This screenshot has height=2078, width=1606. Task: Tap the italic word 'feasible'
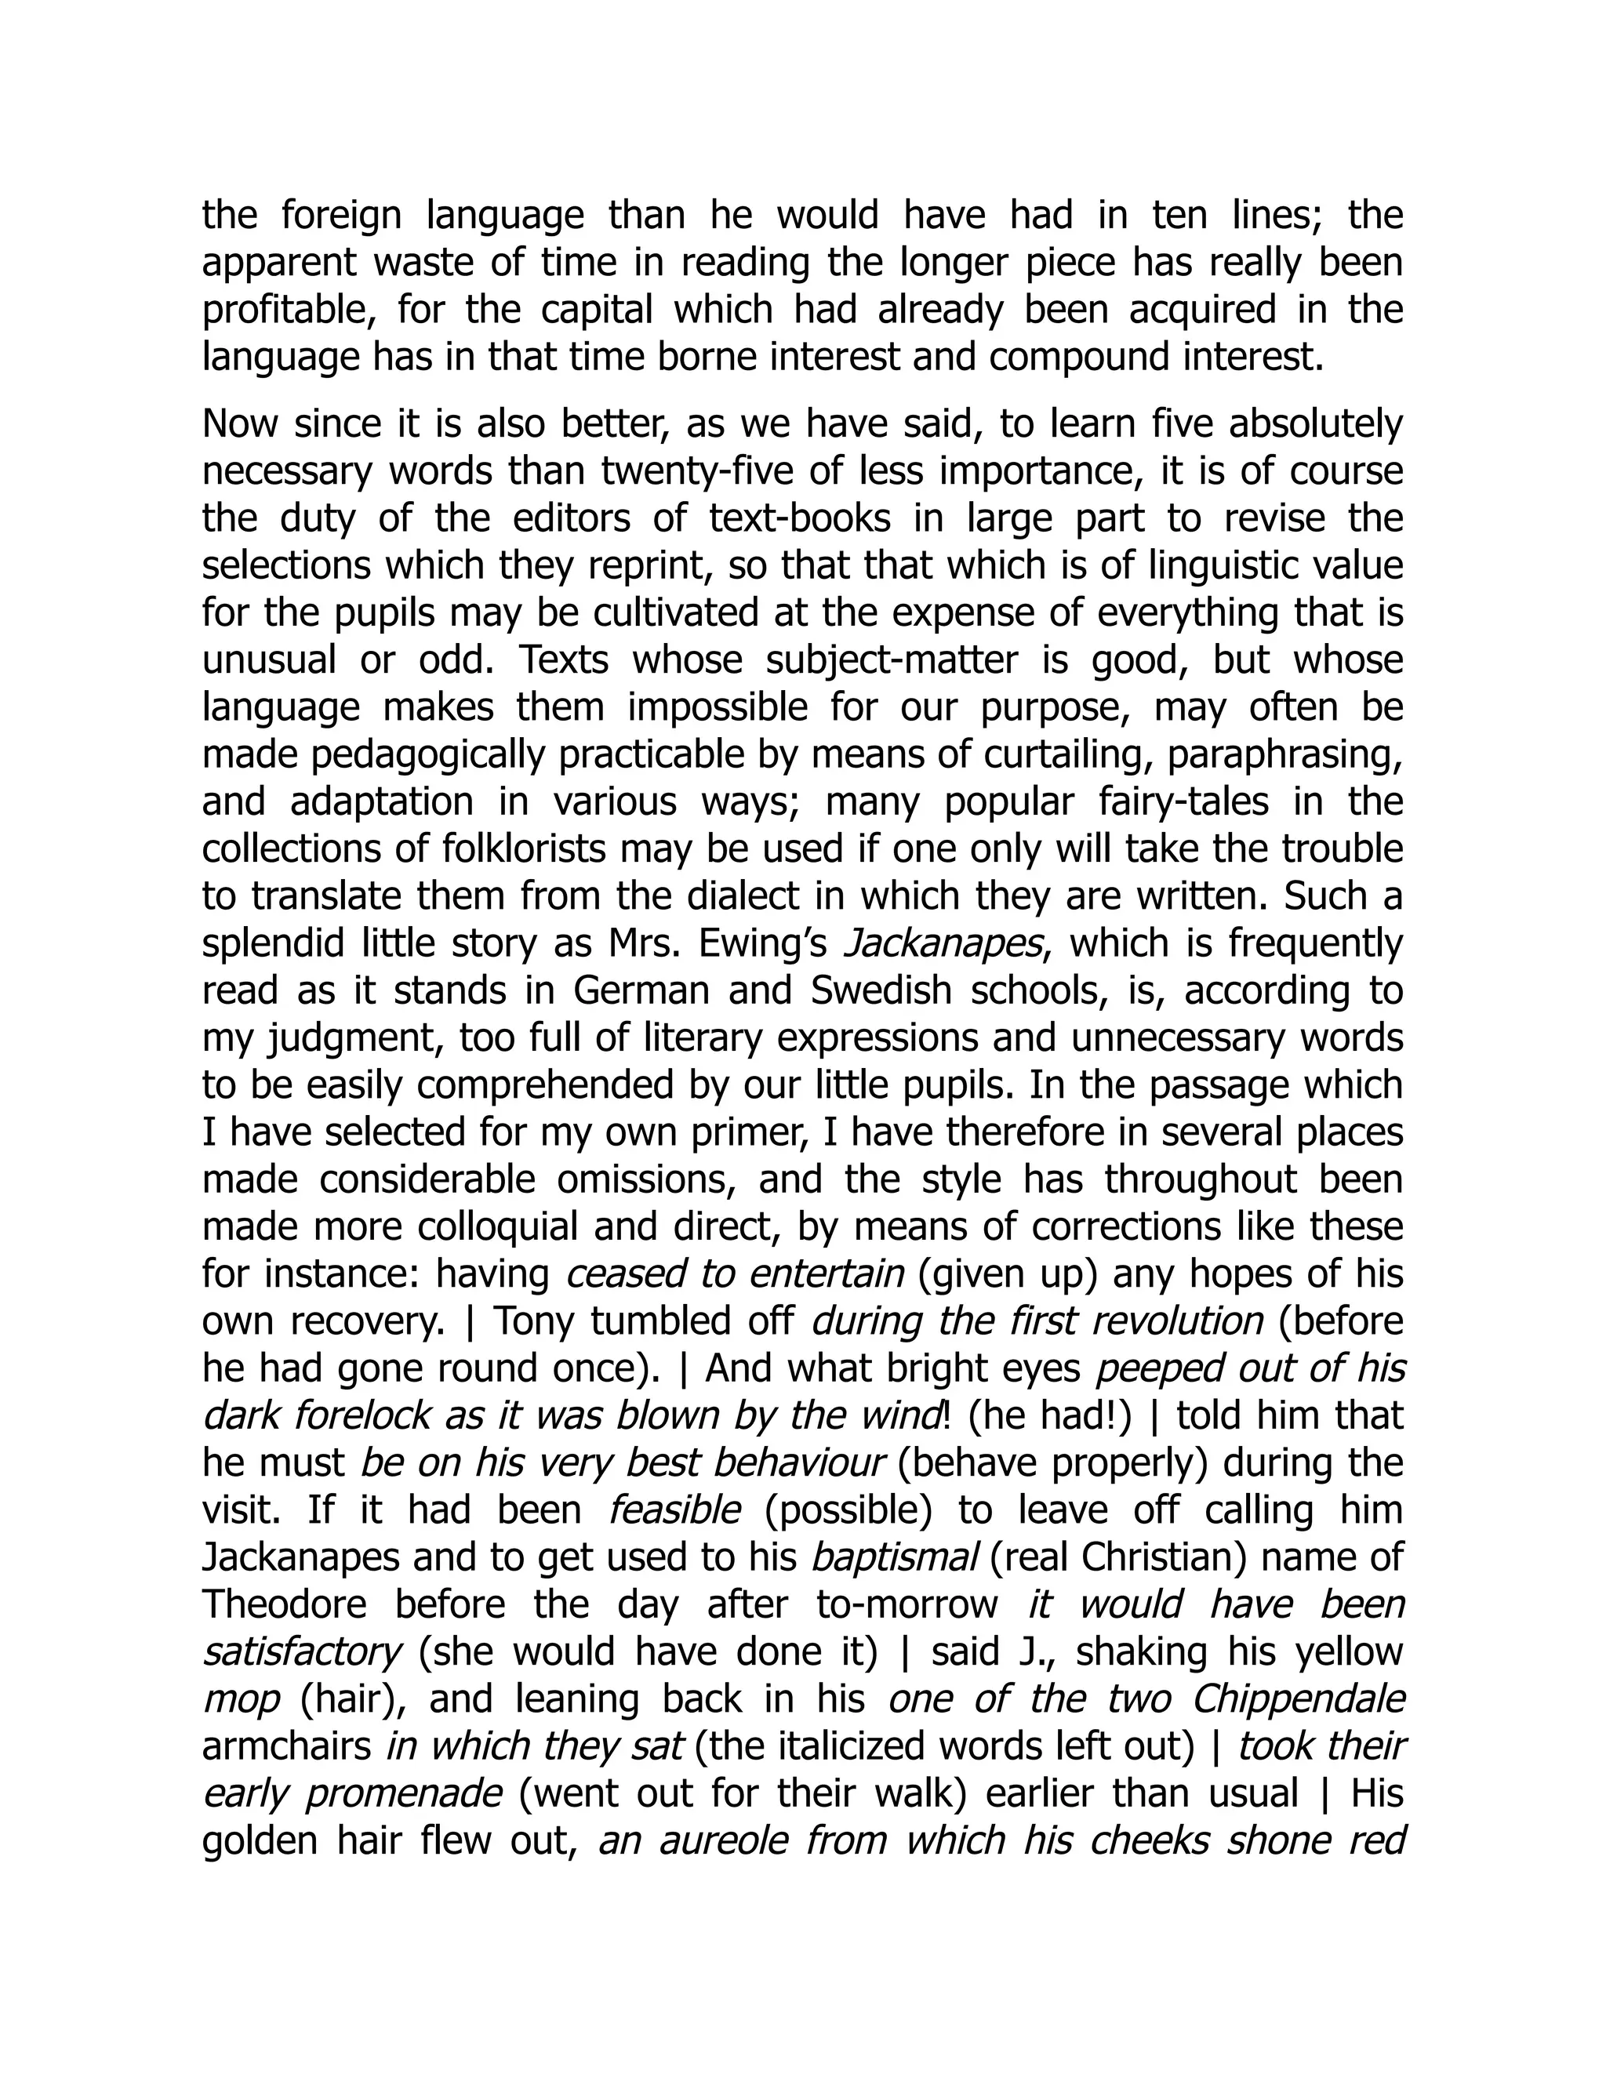(674, 1510)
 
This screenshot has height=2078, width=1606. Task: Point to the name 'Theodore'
(285, 1605)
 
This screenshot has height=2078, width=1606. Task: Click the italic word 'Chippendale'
(1299, 1699)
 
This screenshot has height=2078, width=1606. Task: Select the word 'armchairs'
(286, 1747)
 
